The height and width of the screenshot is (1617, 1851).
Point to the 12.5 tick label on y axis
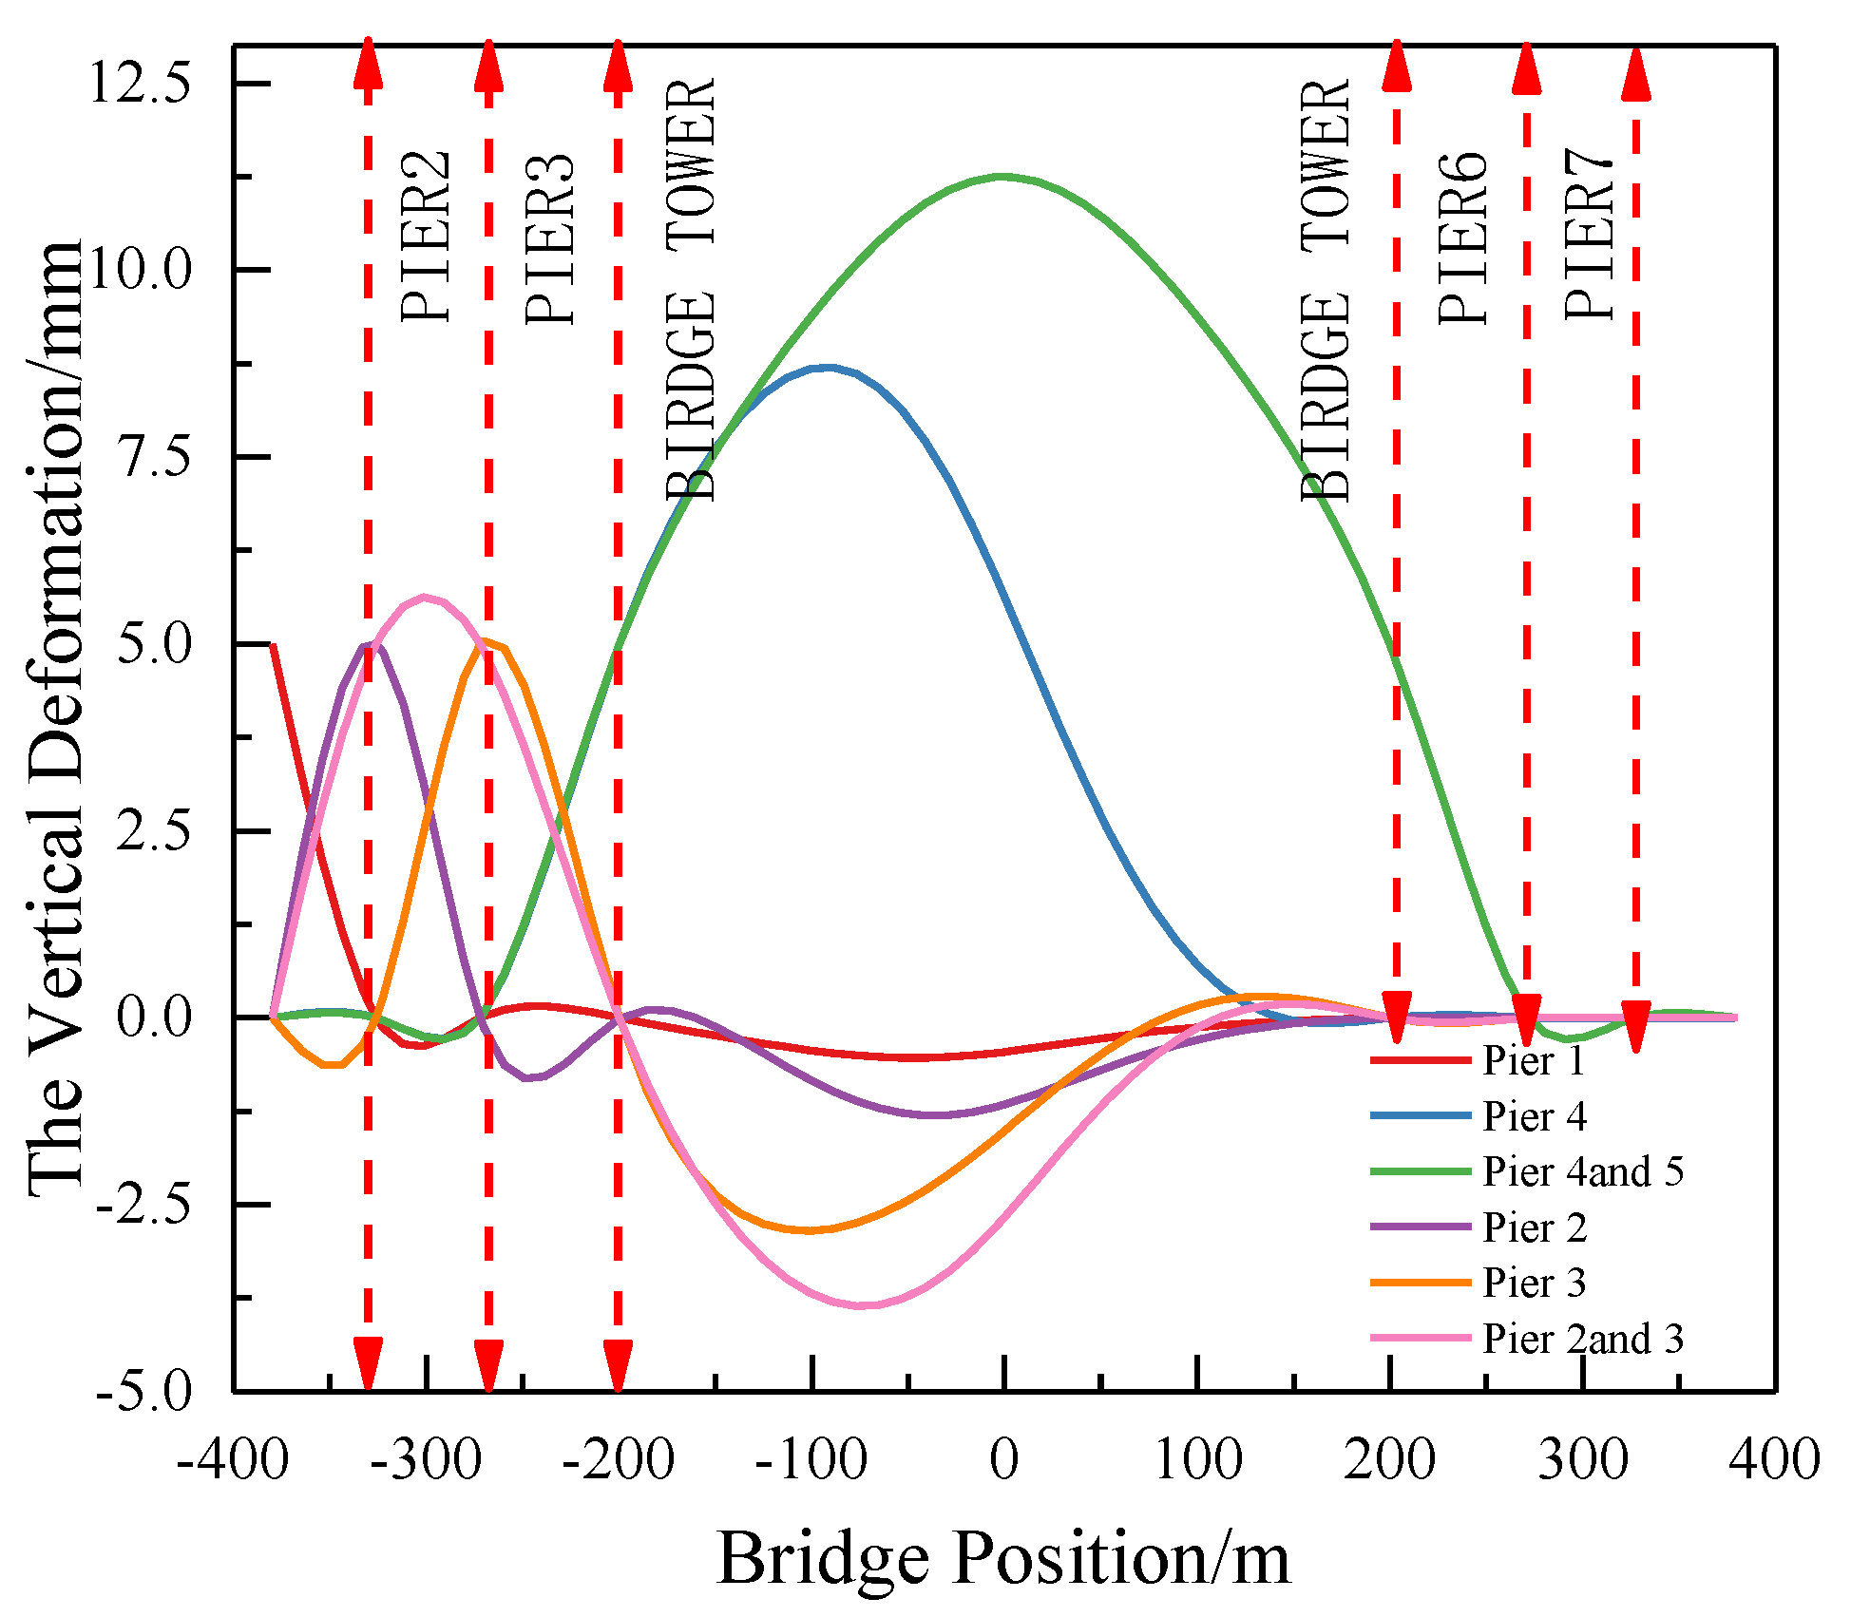pyautogui.click(x=139, y=83)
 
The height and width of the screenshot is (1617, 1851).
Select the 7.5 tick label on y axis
pyautogui.click(x=152, y=457)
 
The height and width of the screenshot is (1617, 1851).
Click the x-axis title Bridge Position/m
pyautogui.click(x=1003, y=1558)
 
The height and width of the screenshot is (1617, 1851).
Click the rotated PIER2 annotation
pyautogui.click(x=425, y=238)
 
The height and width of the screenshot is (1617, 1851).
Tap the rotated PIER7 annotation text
pyautogui.click(x=1588, y=238)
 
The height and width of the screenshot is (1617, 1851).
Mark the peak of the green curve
pyautogui.click(x=1002, y=176)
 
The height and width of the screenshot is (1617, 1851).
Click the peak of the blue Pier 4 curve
pyautogui.click(x=829, y=367)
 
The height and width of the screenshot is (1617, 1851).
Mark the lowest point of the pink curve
pyautogui.click(x=863, y=1305)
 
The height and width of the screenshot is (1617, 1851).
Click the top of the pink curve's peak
pyautogui.click(x=425, y=597)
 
